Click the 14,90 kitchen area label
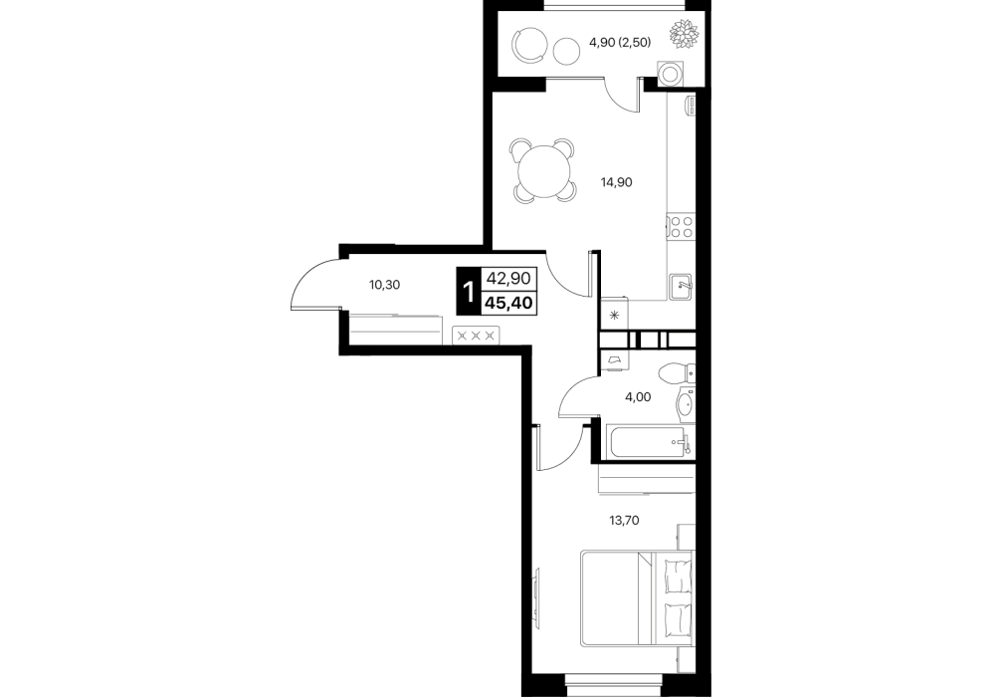click(616, 182)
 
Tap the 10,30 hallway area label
click(384, 285)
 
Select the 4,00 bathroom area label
click(638, 396)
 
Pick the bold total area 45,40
click(508, 302)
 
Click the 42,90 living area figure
click(508, 279)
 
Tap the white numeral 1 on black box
click(469, 292)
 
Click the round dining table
click(543, 170)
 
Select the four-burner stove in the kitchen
click(681, 227)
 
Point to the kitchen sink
click(681, 286)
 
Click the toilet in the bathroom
click(676, 373)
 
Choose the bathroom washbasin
click(685, 404)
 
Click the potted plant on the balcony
click(684, 33)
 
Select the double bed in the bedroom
click(637, 598)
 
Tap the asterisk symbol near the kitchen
click(615, 315)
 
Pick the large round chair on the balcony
click(530, 45)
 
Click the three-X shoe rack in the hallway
click(476, 335)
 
